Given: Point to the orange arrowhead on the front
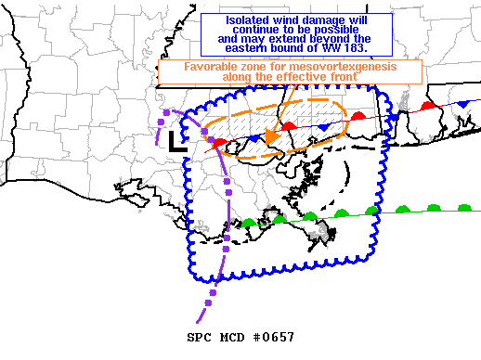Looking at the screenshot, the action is [x=271, y=137].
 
